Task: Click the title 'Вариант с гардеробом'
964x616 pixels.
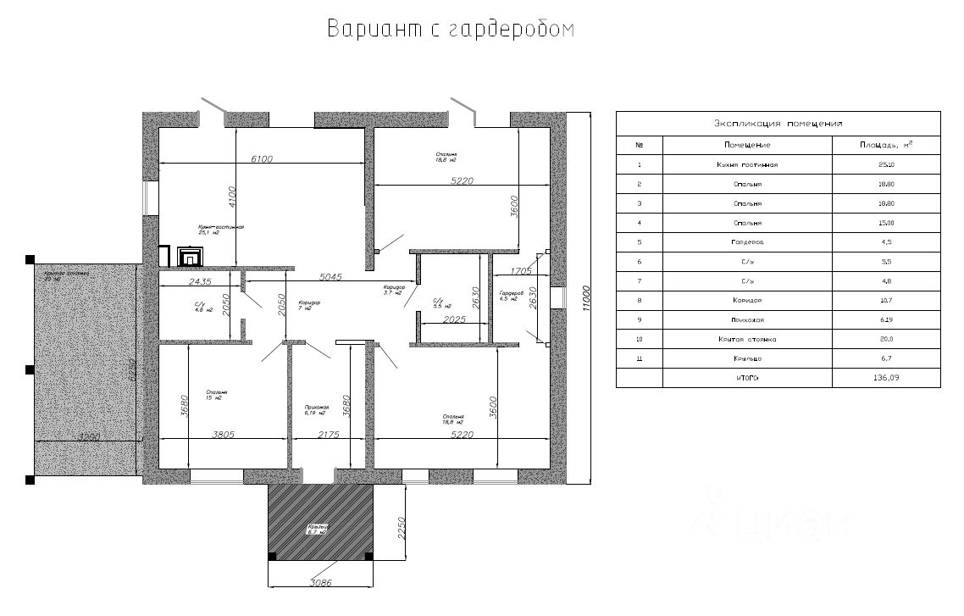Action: click(451, 30)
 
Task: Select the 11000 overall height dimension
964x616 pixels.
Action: click(587, 297)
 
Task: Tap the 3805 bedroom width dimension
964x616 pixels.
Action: click(224, 434)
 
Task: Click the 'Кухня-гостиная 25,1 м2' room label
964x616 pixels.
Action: click(221, 230)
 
